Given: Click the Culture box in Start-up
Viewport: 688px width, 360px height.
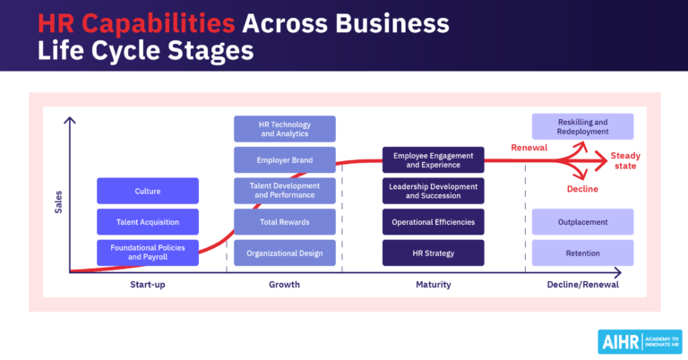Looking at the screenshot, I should click(x=148, y=191).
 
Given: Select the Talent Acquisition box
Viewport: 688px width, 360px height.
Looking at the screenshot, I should click(x=148, y=222).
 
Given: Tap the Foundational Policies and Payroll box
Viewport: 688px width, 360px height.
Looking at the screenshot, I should click(x=148, y=253).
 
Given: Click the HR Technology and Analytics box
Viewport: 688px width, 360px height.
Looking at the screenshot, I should click(x=285, y=129).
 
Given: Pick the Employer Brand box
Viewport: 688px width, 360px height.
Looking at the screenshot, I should click(x=285, y=160).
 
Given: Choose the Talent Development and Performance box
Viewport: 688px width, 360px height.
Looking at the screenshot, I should click(x=285, y=191).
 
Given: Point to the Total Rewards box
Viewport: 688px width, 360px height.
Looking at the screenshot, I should click(x=285, y=222).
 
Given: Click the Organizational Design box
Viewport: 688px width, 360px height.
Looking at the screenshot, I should click(x=285, y=253).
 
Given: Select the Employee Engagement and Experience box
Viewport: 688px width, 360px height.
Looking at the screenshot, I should click(x=434, y=160).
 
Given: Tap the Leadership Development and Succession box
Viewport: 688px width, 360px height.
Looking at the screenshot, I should click(x=434, y=191).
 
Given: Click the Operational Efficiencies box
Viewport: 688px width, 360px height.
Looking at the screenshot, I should click(x=434, y=222).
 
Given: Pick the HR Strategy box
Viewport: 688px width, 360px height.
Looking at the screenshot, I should click(x=434, y=253).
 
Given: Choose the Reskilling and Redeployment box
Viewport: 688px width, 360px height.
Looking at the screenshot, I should click(x=582, y=126).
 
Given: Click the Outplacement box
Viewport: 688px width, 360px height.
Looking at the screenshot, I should click(x=582, y=222).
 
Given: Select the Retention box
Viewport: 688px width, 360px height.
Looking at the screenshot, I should click(x=582, y=253).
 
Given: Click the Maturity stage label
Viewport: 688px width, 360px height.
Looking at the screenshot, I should click(x=434, y=285).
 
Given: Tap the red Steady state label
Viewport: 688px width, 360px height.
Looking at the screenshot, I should click(x=625, y=160).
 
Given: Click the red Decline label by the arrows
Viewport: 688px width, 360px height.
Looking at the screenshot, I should click(x=582, y=189).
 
